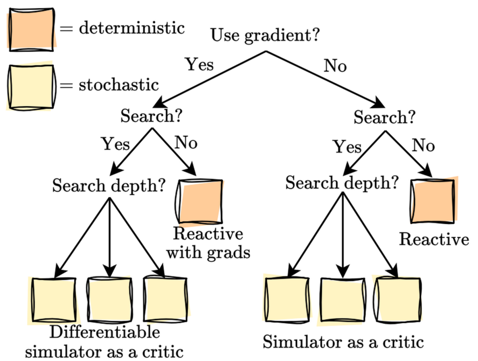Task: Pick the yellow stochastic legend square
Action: (31, 87)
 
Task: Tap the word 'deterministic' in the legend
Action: (131, 28)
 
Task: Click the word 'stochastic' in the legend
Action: (119, 85)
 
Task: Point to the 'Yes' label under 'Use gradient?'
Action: (199, 65)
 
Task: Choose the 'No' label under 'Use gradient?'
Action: (335, 66)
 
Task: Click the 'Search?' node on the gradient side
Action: (150, 116)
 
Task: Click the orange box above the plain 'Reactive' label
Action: (434, 200)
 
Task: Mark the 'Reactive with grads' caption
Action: (207, 243)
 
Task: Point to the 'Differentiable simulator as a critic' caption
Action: (105, 341)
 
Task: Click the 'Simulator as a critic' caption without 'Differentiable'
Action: (344, 342)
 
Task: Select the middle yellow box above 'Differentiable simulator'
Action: (110, 299)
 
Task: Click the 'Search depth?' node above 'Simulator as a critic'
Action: (342, 183)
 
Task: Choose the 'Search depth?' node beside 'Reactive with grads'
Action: (109, 186)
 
